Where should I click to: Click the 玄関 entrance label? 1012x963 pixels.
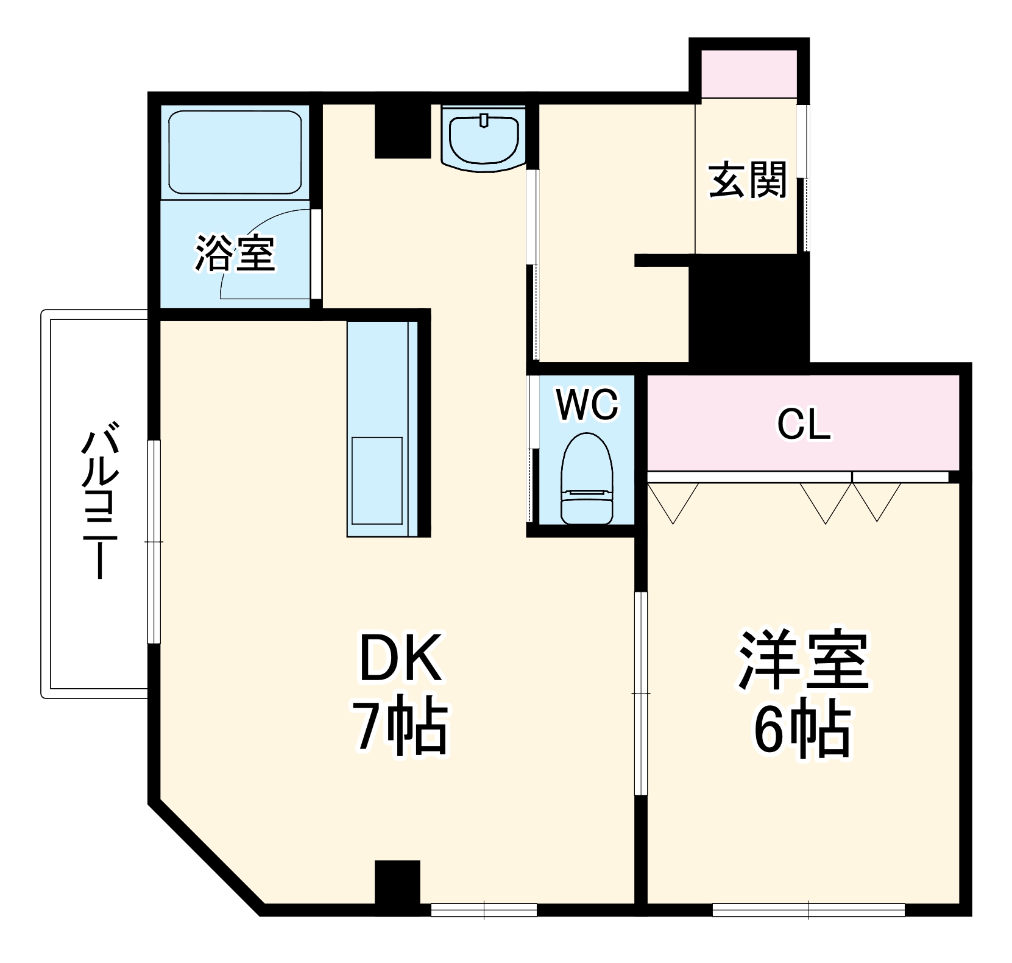tap(748, 180)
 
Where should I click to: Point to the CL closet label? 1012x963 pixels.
tap(803, 425)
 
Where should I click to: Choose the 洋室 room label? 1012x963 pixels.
tap(803, 660)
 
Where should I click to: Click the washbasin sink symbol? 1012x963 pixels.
tap(484, 139)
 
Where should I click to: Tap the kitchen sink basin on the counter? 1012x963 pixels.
tap(377, 480)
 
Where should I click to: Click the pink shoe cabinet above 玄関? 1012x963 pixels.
tap(749, 74)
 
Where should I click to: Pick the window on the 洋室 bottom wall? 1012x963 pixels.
tap(809, 910)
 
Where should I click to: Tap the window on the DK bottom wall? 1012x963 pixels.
tap(484, 910)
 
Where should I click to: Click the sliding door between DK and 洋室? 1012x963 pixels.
tap(640, 694)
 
